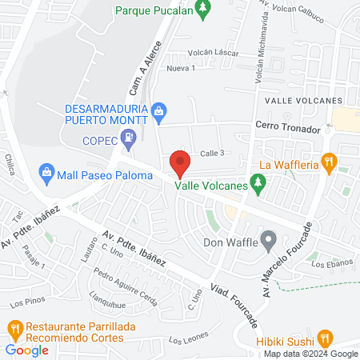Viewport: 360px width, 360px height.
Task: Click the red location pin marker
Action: [x=180, y=163]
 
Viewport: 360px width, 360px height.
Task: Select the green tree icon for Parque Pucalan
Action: [x=203, y=10]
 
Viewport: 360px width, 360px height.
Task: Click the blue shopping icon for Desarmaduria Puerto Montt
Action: [x=159, y=109]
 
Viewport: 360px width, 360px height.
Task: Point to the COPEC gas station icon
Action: [x=128, y=139]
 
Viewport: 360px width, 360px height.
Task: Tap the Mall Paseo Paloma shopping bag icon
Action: [x=46, y=172]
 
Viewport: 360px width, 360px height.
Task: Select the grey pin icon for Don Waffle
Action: [x=269, y=240]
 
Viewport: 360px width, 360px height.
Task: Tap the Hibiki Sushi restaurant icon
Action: [x=324, y=338]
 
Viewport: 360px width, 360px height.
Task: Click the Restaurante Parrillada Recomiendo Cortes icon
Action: [x=14, y=327]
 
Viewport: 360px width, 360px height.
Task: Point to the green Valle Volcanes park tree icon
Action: [x=257, y=185]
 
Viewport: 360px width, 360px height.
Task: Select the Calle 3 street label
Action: [x=212, y=153]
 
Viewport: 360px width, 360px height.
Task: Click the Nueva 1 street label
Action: [x=181, y=68]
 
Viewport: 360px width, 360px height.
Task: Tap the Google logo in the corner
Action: [x=26, y=350]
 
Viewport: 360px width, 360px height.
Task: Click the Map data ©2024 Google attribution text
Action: [x=311, y=354]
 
